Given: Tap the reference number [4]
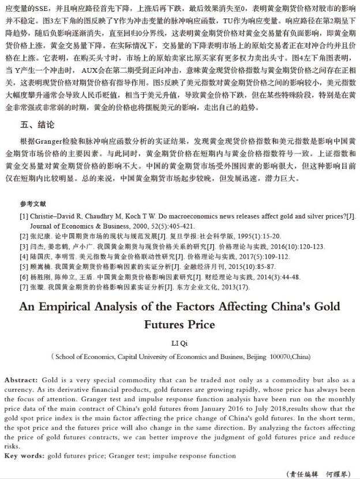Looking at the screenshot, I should click(x=24, y=256).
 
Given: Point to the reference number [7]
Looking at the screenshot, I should click(x=24, y=286).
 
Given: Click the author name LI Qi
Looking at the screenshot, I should click(x=179, y=343).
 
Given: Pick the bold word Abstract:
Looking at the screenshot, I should click(x=21, y=380).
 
